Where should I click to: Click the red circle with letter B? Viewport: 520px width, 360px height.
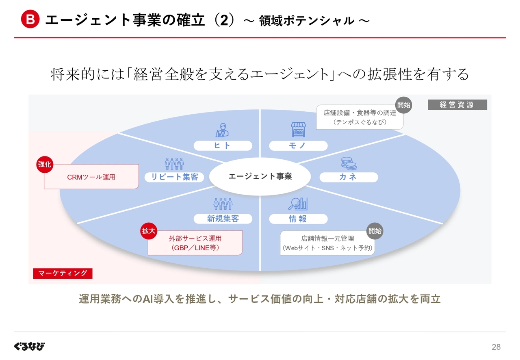[30, 19]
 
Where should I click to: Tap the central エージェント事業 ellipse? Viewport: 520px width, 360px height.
[260, 176]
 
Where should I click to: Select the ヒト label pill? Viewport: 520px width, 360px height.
[223, 145]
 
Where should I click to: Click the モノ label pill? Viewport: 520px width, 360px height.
[298, 145]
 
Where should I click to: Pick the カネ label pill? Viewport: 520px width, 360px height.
[349, 177]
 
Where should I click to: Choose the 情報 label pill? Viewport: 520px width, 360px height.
[298, 219]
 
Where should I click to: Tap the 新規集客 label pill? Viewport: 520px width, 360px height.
[223, 219]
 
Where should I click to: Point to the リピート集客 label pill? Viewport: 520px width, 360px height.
[174, 177]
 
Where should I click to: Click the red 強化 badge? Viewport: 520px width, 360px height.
[45, 165]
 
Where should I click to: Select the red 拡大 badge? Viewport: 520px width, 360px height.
[149, 231]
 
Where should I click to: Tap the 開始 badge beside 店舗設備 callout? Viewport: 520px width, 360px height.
[404, 105]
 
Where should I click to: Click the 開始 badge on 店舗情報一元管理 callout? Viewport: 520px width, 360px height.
[375, 231]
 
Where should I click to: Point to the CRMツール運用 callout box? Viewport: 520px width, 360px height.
[91, 177]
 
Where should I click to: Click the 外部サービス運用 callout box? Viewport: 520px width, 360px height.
[195, 243]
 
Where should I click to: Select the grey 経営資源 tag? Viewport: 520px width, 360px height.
[457, 105]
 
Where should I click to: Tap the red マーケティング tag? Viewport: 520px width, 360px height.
[63, 273]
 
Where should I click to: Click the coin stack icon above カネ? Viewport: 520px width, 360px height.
[349, 163]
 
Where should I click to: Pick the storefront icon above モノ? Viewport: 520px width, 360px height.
[298, 130]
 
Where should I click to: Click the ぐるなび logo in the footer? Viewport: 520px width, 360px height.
[29, 346]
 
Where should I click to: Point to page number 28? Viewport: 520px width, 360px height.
[496, 347]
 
